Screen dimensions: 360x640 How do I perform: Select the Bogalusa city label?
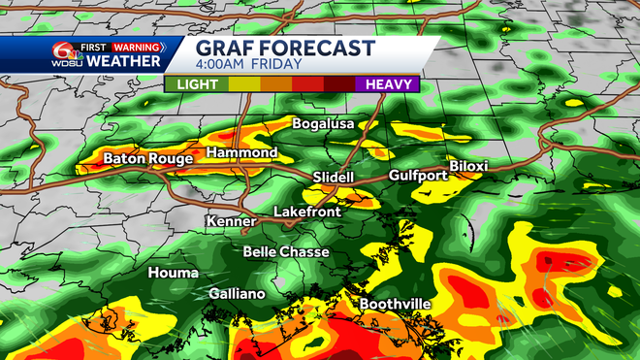(x=324, y=124)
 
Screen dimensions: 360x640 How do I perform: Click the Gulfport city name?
(x=422, y=176)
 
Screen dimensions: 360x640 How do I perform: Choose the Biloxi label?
(x=468, y=166)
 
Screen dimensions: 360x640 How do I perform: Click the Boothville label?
(x=395, y=304)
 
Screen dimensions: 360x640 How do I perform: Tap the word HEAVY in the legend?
(x=389, y=84)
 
